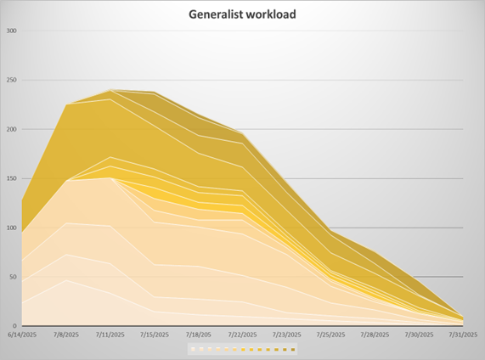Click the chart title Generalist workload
click(x=244, y=14)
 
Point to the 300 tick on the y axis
click(x=12, y=31)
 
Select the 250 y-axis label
click(x=12, y=81)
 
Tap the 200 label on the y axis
click(x=12, y=130)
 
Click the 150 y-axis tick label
click(x=12, y=179)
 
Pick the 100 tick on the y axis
click(x=12, y=228)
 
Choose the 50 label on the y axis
click(x=14, y=278)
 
